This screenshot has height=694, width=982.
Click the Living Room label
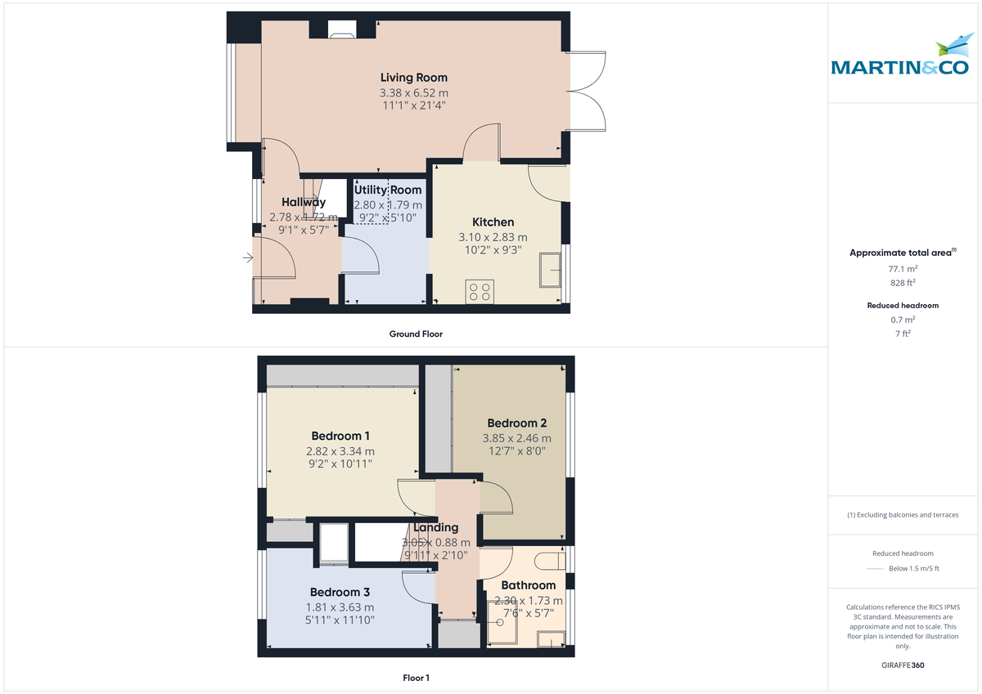(413, 78)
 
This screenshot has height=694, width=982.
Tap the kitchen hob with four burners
(480, 292)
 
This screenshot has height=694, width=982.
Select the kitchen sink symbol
(549, 270)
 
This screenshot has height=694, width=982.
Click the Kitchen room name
(493, 222)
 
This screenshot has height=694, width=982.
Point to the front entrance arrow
(247, 259)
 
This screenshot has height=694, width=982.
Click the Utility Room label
(388, 190)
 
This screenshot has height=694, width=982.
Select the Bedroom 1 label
(340, 436)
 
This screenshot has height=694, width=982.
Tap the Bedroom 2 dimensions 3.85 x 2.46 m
(516, 438)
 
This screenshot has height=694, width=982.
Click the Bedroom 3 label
(340, 592)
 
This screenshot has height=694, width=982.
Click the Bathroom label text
(528, 585)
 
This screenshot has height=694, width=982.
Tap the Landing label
(435, 527)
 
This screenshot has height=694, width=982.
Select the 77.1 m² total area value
(903, 268)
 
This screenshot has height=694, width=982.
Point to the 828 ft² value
(903, 283)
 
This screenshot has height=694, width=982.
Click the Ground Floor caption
(416, 334)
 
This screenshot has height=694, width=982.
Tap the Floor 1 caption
(416, 678)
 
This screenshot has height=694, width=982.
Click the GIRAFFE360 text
(903, 665)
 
